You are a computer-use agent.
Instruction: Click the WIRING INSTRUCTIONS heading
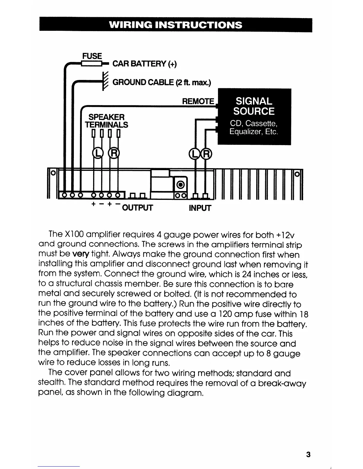(175, 25)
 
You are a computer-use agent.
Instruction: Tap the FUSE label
(92, 56)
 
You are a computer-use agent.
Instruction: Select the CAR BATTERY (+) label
(144, 64)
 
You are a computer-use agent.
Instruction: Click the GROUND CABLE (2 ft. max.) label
(162, 82)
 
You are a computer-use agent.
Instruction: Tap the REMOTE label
(198, 101)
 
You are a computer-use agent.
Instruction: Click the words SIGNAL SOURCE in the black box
(254, 106)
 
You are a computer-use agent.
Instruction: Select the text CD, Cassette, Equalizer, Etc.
(254, 127)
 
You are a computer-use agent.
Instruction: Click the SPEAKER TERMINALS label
(106, 121)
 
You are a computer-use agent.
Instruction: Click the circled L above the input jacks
(195, 153)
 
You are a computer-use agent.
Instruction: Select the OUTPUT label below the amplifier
(137, 208)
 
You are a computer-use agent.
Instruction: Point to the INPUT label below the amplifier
(200, 208)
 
